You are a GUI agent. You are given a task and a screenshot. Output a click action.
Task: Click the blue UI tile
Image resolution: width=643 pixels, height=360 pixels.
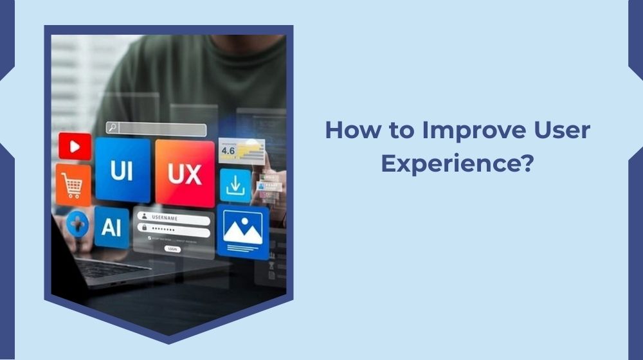(x=122, y=170)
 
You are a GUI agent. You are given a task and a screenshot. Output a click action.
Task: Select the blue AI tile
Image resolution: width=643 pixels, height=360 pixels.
(x=112, y=227)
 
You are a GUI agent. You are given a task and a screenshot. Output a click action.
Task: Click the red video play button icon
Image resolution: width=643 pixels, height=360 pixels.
(x=75, y=147)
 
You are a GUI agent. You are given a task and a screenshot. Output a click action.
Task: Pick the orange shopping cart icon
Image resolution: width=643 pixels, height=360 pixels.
(x=73, y=185)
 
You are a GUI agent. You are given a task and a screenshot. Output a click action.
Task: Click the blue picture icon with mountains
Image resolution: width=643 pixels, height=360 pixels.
(x=242, y=232)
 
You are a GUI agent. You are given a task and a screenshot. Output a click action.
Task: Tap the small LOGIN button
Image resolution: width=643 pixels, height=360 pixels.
(x=172, y=248)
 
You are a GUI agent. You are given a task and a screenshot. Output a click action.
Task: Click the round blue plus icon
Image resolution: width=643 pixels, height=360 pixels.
(x=78, y=224)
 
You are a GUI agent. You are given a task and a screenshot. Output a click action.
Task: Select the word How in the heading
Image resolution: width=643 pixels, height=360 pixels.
(x=350, y=130)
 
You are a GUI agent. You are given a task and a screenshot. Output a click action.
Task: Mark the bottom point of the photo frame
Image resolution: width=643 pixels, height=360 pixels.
(x=168, y=341)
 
